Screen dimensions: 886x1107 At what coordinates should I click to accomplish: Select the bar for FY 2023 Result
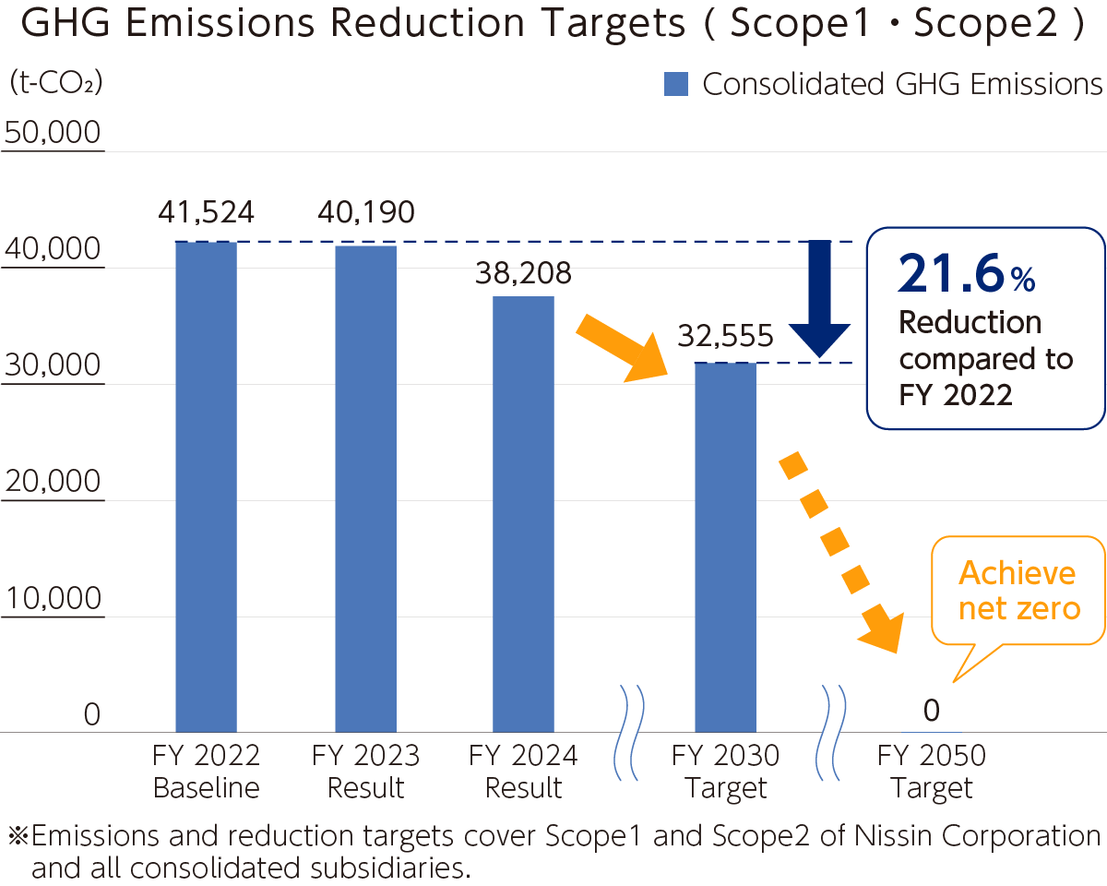(x=365, y=488)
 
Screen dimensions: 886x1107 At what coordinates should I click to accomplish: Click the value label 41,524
(x=206, y=213)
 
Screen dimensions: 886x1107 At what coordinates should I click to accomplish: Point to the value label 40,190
(x=365, y=213)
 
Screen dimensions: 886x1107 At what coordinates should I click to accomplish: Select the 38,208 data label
(x=523, y=272)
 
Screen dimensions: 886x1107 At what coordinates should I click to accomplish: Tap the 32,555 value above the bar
(x=725, y=336)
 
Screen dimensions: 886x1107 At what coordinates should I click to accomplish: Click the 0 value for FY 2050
(x=931, y=711)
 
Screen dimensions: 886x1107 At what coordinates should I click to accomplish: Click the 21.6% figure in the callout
(x=965, y=274)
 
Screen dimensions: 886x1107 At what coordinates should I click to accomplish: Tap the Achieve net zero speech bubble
(x=1019, y=591)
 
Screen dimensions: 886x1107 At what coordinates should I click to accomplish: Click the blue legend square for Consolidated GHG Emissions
(x=676, y=85)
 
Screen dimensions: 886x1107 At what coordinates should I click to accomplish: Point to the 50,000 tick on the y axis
(x=53, y=133)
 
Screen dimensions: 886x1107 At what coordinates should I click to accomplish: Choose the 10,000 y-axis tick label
(x=53, y=599)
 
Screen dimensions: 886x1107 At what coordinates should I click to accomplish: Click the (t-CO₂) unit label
(x=55, y=83)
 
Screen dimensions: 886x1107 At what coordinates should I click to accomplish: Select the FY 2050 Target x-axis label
(x=931, y=772)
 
